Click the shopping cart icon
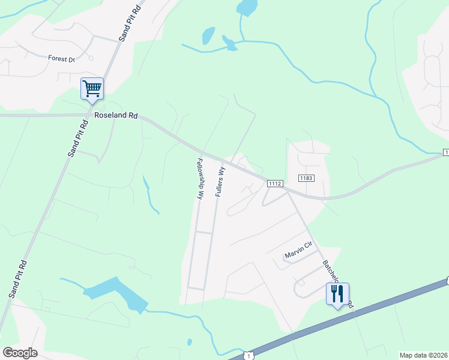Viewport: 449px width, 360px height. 92,89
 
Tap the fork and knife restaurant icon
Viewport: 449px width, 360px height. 337,294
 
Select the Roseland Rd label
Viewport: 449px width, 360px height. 112,116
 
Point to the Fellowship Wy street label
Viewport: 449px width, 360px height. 200,178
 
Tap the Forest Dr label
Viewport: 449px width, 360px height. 61,59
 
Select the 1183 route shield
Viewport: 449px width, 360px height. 307,178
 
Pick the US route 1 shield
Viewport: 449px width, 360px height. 248,356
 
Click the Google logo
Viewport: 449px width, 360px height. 20,353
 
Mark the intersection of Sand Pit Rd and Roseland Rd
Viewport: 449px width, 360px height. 88,115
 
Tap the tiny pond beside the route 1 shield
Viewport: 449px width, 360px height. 190,342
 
